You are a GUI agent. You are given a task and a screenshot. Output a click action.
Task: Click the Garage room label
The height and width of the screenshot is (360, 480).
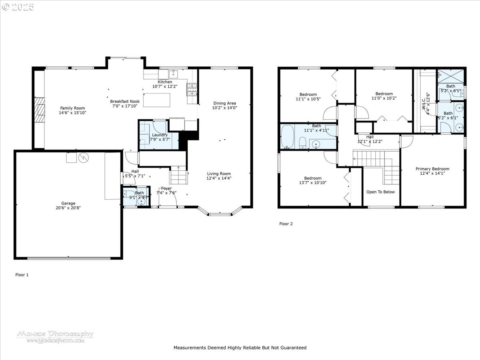(68, 203)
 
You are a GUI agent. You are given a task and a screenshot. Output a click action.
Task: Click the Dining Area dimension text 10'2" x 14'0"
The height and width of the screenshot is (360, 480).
(224, 108)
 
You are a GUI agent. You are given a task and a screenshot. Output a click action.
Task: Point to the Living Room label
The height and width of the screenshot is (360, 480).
(219, 174)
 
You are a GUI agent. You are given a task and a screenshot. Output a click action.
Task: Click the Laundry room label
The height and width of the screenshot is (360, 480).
(160, 135)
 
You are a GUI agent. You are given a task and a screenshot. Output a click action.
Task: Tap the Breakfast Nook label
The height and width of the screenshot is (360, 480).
(125, 102)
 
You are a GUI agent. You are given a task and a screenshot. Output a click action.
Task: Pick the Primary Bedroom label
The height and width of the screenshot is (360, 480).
(432, 169)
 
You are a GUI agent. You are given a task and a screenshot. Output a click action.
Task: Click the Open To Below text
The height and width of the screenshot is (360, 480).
(380, 192)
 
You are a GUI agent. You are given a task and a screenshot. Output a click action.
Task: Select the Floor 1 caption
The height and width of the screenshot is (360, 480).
(22, 275)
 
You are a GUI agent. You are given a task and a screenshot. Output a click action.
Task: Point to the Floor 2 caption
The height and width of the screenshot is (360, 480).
(286, 224)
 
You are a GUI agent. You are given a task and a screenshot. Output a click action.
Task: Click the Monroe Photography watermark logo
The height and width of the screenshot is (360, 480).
(55, 336)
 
